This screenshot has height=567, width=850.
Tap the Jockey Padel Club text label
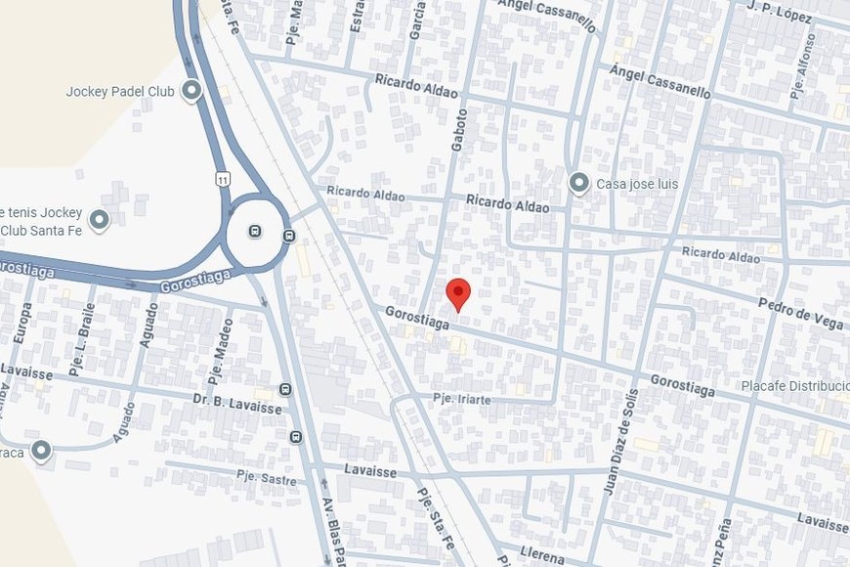pos(120,92)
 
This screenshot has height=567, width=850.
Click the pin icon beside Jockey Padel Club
pos(191,92)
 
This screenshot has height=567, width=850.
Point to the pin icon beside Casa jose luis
pos(579,183)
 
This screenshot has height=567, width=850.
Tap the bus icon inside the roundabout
pos(254,232)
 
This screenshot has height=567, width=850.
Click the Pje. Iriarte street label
pos(475,399)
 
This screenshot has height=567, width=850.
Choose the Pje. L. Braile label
pos(82,350)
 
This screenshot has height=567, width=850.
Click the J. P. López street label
pos(779,11)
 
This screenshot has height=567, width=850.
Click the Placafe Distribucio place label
pos(794,385)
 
